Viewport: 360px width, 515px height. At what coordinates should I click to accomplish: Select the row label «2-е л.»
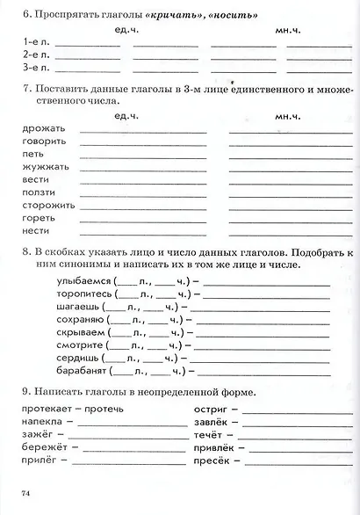[36, 54]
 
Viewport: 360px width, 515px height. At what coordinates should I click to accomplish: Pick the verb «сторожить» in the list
[44, 205]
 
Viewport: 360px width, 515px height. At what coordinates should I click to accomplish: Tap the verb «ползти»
[37, 192]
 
